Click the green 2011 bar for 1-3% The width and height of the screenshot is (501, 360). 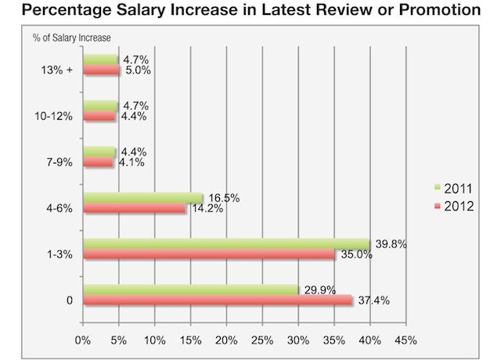coord(226,243)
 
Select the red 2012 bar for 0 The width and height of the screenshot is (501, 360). coord(218,300)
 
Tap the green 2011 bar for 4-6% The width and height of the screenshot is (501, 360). coord(142,198)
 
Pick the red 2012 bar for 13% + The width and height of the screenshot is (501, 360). coord(101,70)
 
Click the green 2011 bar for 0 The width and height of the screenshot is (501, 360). coord(191,290)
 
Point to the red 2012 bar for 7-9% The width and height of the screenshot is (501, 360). coord(98,162)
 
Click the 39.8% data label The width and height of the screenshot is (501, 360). coord(391,244)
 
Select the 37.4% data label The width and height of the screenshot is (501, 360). coord(374,301)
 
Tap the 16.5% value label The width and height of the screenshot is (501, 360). coord(224,198)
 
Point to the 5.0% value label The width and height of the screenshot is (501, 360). coord(138,70)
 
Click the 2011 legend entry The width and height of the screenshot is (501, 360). coord(453,189)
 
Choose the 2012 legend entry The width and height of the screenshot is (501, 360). coord(454,207)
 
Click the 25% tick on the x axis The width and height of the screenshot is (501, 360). coord(262,340)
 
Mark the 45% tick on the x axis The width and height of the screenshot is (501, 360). coord(405,340)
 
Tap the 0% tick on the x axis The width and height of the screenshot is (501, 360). coord(83,340)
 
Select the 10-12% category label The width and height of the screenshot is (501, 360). coord(54,117)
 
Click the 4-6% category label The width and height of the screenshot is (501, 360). coord(59,209)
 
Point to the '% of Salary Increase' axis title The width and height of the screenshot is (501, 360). coord(71,38)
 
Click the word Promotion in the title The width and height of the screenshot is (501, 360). coord(440,9)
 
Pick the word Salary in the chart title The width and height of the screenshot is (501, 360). coord(141,10)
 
